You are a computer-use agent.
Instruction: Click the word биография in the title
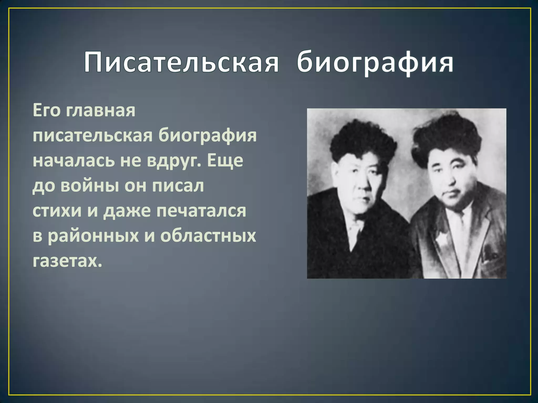[375, 63]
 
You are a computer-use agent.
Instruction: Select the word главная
[101, 111]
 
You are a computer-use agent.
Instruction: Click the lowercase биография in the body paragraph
[208, 136]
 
